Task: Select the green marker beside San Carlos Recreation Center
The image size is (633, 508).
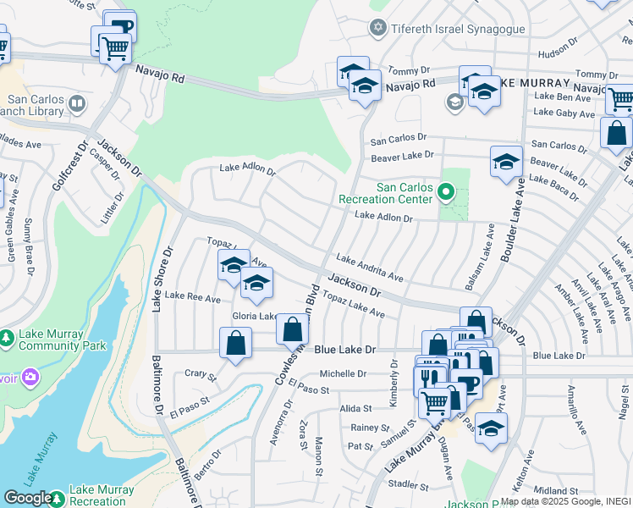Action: pyautogui.click(x=446, y=193)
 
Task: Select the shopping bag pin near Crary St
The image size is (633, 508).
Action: pyautogui.click(x=235, y=343)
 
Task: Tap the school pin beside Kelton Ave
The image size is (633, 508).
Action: pyautogui.click(x=490, y=427)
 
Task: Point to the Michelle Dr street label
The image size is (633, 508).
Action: pyautogui.click(x=343, y=373)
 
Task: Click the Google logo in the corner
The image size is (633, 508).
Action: pyautogui.click(x=27, y=498)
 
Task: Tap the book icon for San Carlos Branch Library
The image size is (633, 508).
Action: pyautogui.click(x=77, y=104)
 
